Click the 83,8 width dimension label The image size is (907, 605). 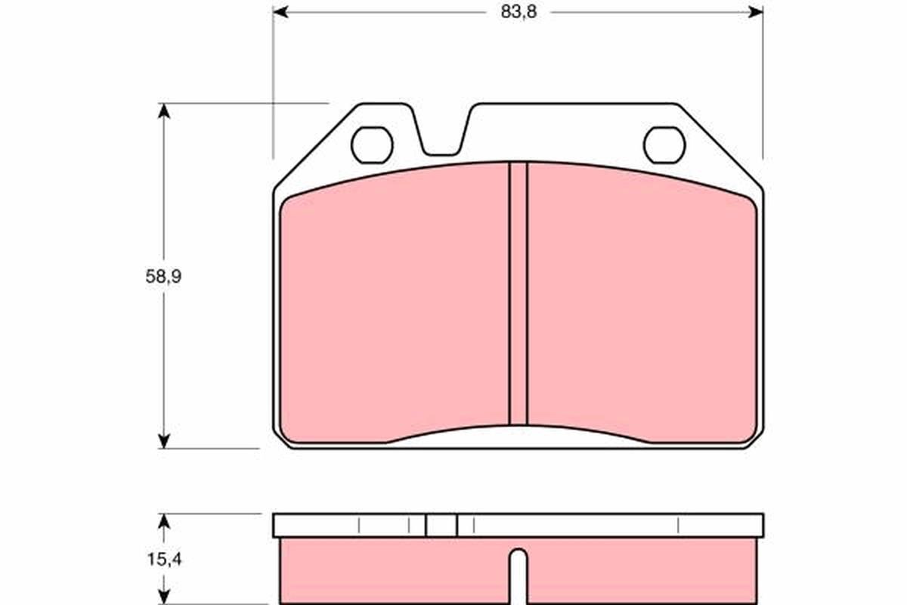[x=519, y=12]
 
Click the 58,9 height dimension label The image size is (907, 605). [x=163, y=277]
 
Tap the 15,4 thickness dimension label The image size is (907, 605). [x=164, y=560]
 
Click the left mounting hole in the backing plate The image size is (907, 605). [x=372, y=145]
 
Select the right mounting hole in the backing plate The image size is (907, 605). [x=664, y=145]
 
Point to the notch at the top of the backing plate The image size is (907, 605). [x=443, y=134]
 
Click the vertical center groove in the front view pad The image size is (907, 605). [x=519, y=293]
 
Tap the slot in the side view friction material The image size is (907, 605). [x=519, y=576]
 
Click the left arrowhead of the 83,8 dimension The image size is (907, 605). [x=280, y=12]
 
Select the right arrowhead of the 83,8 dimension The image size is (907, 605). [x=756, y=12]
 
